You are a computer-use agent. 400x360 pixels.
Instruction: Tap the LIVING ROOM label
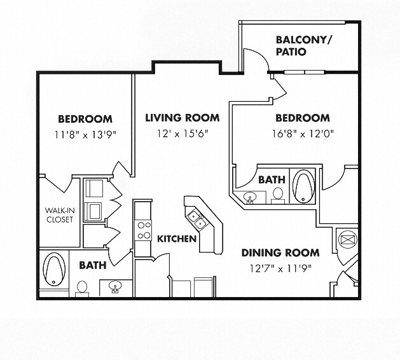point(183,118)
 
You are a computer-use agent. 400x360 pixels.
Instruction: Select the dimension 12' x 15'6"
point(183,134)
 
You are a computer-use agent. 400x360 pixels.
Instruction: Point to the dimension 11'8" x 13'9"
point(85,134)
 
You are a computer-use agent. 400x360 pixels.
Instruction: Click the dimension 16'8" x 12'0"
point(303,134)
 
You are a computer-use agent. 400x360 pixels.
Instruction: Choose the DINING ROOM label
point(280,253)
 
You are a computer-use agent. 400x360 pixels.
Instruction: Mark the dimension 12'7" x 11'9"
point(280,268)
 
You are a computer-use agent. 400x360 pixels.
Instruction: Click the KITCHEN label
point(177,239)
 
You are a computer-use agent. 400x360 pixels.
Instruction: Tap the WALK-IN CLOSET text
point(60,215)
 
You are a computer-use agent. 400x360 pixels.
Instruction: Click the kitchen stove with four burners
point(143,230)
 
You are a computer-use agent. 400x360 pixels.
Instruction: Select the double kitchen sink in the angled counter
point(198,219)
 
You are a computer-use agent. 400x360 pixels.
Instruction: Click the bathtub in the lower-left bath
point(54,269)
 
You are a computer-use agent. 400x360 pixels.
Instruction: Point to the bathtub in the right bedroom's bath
point(304,186)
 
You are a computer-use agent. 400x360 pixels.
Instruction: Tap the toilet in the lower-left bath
point(82,289)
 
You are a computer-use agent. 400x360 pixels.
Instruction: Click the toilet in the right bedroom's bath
point(278,196)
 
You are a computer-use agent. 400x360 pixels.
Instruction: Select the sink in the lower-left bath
point(115,286)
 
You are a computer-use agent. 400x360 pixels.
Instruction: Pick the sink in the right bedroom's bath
point(250,198)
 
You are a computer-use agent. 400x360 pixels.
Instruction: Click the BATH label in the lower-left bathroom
point(93,265)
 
